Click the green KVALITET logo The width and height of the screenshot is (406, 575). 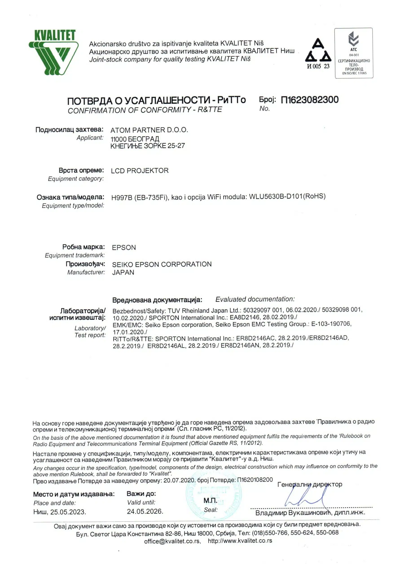pyautogui.click(x=54, y=52)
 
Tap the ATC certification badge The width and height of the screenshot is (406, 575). pyautogui.click(x=353, y=53)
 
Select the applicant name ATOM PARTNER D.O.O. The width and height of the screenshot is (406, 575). pyautogui.click(x=149, y=130)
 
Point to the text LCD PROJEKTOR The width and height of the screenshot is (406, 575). pyautogui.click(x=140, y=170)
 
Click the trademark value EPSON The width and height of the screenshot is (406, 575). pyautogui.click(x=124, y=248)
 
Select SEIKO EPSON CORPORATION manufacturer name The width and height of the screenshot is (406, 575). pyautogui.click(x=162, y=264)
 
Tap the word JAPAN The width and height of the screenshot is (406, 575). pyautogui.click(x=123, y=272)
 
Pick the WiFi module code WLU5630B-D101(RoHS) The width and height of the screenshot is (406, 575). pyautogui.click(x=287, y=196)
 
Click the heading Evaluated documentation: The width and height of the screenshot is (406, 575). pyautogui.click(x=255, y=299)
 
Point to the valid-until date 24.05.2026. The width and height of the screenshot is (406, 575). pyautogui.click(x=145, y=511)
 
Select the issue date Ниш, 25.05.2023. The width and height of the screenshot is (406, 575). pyautogui.click(x=59, y=512)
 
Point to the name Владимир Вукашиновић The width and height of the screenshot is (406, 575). pyautogui.click(x=293, y=513)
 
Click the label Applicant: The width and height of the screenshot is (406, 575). pyautogui.click(x=90, y=138)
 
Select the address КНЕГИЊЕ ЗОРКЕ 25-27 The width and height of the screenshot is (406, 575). pyautogui.click(x=147, y=146)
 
